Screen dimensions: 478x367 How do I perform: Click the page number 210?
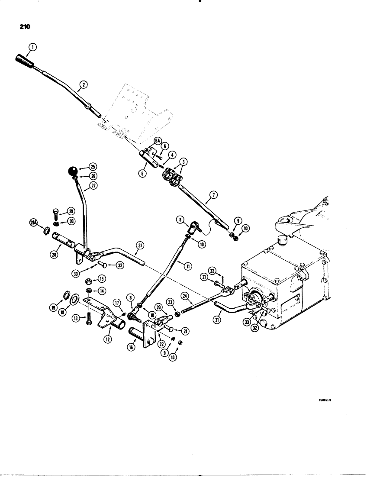click(24, 27)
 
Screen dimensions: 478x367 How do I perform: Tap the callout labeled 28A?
click(33, 222)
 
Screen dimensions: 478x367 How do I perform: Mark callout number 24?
click(186, 297)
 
